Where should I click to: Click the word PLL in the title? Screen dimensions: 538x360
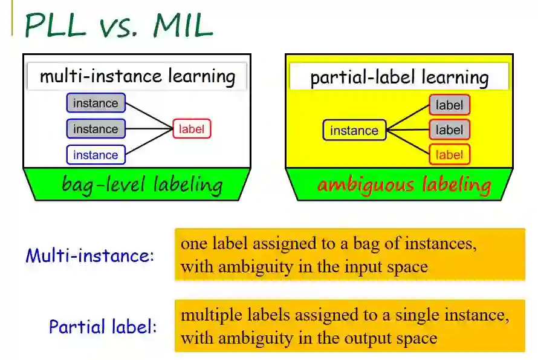click(x=57, y=25)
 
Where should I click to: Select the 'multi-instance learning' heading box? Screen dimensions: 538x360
click(x=137, y=77)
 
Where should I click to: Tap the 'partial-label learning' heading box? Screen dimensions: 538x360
click(x=399, y=77)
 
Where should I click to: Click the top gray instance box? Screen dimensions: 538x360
click(x=96, y=103)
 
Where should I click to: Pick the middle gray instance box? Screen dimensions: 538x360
click(x=96, y=129)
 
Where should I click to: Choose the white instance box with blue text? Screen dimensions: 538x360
click(x=96, y=155)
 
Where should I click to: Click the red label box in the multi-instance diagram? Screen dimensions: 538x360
click(x=192, y=129)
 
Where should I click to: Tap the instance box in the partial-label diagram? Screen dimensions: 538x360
click(x=354, y=130)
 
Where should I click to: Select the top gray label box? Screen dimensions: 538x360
click(x=449, y=105)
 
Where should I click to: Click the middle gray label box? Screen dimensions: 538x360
click(x=449, y=129)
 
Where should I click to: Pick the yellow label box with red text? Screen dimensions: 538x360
click(x=449, y=155)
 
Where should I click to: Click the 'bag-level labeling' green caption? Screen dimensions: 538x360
click(x=141, y=185)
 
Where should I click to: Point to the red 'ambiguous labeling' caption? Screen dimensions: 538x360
click(x=404, y=185)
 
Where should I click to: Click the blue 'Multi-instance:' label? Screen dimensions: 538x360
click(x=90, y=255)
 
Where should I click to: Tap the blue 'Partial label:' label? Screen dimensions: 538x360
click(x=103, y=327)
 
